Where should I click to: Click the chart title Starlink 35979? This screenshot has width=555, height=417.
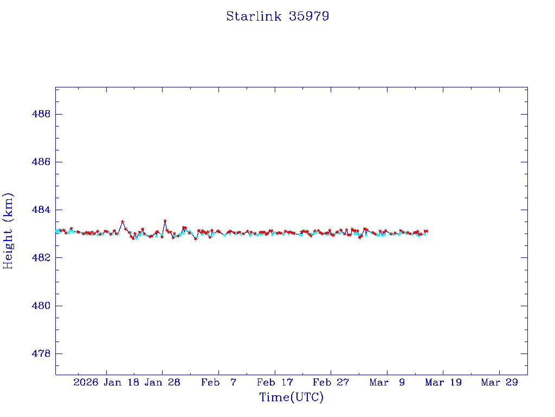pyautogui.click(x=277, y=16)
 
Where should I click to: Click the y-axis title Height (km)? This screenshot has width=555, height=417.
pyautogui.click(x=8, y=230)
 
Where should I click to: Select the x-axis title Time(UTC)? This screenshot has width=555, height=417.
pyautogui.click(x=291, y=397)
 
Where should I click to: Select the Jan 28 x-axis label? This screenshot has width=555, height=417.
pyautogui.click(x=162, y=382)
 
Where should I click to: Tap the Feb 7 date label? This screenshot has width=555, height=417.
pyautogui.click(x=218, y=382)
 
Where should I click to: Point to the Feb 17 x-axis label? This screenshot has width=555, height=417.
pyautogui.click(x=275, y=382)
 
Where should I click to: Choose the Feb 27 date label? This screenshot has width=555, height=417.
pyautogui.click(x=331, y=382)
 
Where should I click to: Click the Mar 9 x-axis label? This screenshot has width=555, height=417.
pyautogui.click(x=387, y=382)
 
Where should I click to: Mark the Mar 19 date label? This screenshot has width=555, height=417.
pyautogui.click(x=443, y=382)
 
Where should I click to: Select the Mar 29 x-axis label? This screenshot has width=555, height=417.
pyautogui.click(x=499, y=382)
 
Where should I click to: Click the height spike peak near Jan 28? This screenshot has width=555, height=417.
pyautogui.click(x=165, y=221)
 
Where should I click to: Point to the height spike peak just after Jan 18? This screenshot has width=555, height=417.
pyautogui.click(x=122, y=222)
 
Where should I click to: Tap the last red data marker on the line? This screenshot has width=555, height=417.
pyautogui.click(x=427, y=231)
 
